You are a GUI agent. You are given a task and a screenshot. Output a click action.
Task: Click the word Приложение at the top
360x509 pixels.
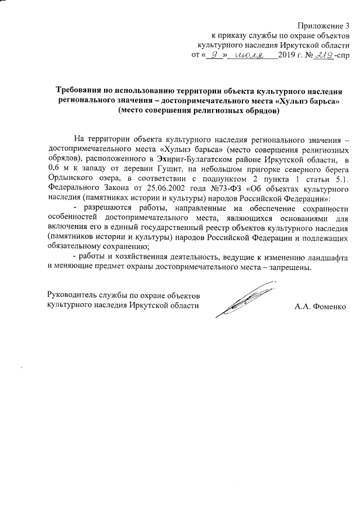tap(320, 25)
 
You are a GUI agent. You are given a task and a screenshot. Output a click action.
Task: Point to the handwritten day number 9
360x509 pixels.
tap(213, 55)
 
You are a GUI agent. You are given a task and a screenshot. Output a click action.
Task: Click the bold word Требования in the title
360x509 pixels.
tap(81, 91)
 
